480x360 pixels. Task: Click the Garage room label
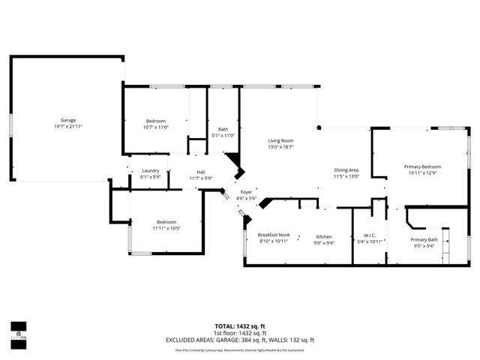pos(68,121)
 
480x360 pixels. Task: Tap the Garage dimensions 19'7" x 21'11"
pos(68,127)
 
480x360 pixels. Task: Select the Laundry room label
pos(150,170)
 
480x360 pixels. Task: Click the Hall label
pos(201,171)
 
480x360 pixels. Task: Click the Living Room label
pos(280,141)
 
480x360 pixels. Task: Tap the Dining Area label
pos(346,170)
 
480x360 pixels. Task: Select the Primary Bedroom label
pos(422,166)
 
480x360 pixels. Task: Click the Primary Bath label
pos(424,240)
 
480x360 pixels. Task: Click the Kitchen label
pos(324,236)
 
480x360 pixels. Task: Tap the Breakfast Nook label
pos(274,235)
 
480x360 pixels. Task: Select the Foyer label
pos(246,192)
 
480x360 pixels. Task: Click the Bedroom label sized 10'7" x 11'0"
pos(156,121)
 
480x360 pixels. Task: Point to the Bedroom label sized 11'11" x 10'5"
pos(166,222)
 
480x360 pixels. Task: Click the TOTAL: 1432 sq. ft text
pos(240,325)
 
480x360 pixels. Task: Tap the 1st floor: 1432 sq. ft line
pos(240,332)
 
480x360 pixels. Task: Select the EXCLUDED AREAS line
pos(240,340)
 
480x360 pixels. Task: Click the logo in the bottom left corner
pos(19,331)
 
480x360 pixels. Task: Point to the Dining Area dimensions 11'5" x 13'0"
pos(346,176)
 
